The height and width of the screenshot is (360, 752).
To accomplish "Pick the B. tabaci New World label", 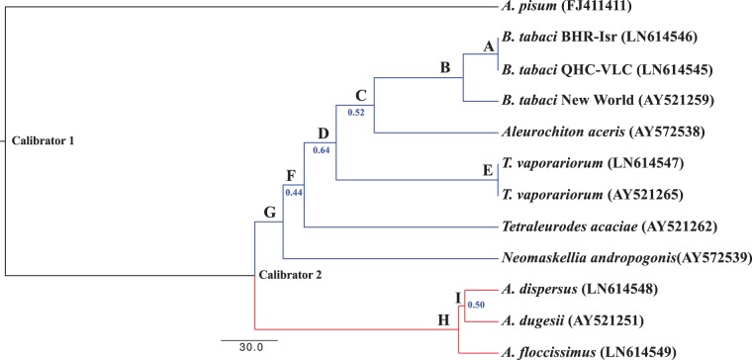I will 595,101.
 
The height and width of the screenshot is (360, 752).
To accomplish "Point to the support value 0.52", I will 358,112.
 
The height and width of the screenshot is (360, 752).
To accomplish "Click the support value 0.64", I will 322,150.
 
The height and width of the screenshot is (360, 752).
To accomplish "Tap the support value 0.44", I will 293,192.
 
